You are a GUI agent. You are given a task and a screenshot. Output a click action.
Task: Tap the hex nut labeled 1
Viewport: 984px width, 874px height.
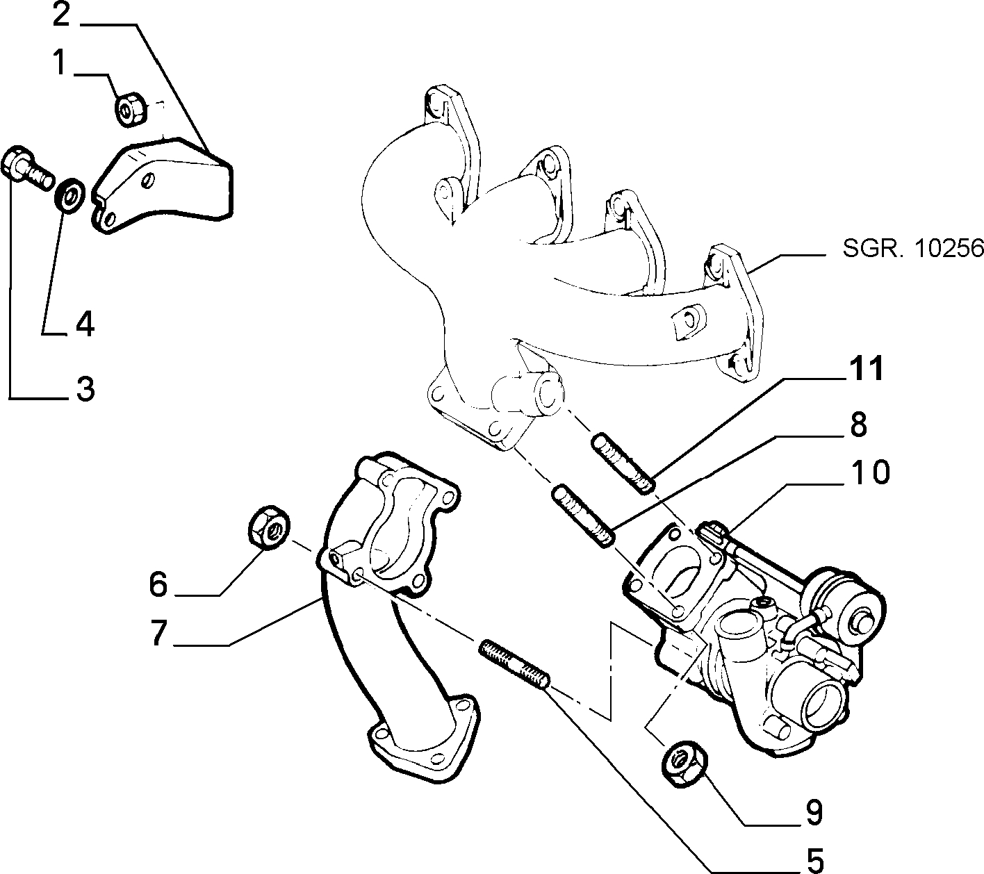tap(130, 110)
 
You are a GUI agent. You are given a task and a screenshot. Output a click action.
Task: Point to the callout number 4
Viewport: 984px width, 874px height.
tap(85, 324)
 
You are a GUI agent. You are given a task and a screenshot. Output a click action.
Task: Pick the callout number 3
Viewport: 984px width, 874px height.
tap(85, 388)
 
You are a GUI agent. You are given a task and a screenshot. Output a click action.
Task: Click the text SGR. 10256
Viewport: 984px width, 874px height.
tap(912, 249)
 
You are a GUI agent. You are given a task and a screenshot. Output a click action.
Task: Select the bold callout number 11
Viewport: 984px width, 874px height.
tap(866, 369)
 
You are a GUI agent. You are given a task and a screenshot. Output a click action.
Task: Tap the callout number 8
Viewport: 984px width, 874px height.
tap(858, 424)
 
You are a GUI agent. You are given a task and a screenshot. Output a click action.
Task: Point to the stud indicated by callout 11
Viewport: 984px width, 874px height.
tap(623, 465)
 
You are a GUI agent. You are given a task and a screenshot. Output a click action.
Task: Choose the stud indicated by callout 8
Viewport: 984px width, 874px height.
tap(583, 516)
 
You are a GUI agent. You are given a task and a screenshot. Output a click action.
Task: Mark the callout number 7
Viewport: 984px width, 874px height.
tap(158, 633)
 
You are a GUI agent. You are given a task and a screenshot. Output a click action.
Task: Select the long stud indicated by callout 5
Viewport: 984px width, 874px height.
tap(514, 663)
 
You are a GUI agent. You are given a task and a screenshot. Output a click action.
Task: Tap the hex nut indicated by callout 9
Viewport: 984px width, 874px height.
tap(684, 764)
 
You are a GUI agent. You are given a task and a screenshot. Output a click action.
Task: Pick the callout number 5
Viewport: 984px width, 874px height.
tap(815, 861)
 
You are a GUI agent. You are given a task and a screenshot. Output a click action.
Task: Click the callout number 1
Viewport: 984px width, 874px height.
tap(60, 63)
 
